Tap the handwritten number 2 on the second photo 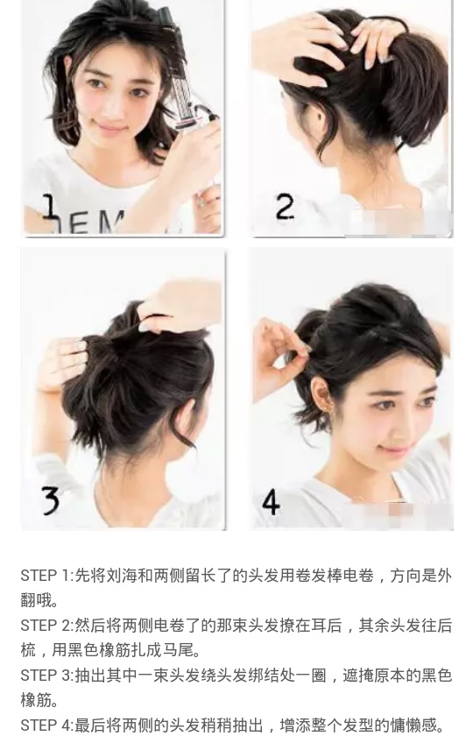pos(286,207)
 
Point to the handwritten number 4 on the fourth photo pos(271,501)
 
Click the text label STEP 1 pos(45,577)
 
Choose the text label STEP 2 pos(45,626)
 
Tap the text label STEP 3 pos(45,676)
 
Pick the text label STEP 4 pos(45,725)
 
